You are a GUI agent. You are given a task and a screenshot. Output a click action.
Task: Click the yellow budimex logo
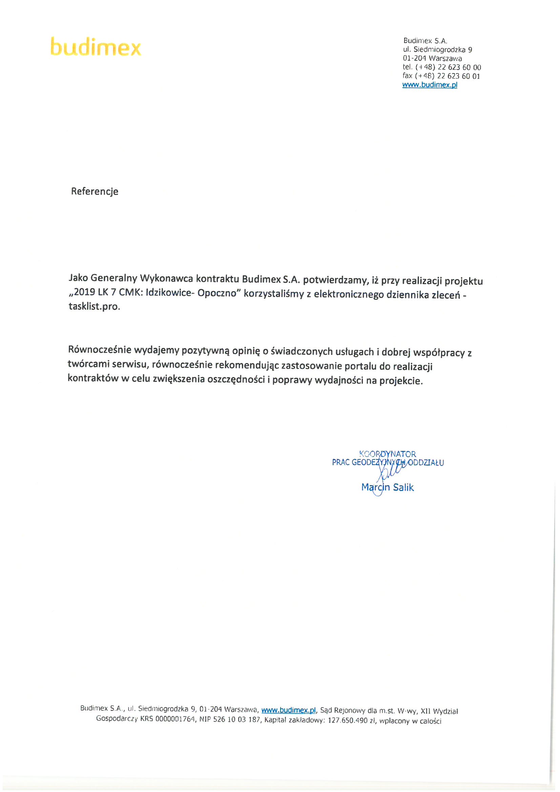(x=96, y=47)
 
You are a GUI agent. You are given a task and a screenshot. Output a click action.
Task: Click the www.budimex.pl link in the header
(x=430, y=85)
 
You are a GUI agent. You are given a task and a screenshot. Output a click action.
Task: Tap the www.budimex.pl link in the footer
(x=288, y=710)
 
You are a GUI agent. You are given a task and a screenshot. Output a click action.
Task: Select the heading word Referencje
(x=95, y=191)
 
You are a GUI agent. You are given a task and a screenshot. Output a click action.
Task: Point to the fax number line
(x=441, y=76)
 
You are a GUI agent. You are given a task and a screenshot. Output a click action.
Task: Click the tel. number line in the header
(x=441, y=67)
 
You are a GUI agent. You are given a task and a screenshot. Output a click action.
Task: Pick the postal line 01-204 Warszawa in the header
(x=432, y=58)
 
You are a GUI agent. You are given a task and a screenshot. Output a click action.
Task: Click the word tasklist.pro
(x=94, y=306)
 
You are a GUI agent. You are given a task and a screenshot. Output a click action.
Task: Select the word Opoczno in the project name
(x=219, y=293)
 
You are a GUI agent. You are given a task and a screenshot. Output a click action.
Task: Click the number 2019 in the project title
(x=85, y=292)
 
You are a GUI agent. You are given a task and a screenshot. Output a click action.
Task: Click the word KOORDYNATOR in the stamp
(x=387, y=454)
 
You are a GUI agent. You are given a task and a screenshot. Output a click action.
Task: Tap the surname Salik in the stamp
(x=403, y=487)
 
